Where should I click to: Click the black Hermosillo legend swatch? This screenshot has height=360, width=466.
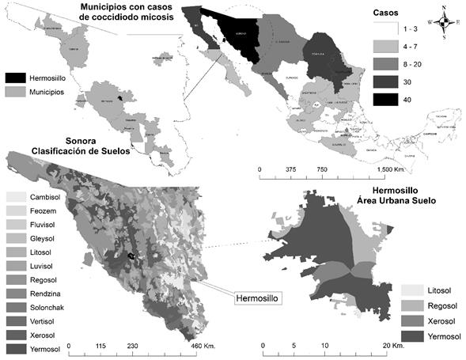(x=16, y=78)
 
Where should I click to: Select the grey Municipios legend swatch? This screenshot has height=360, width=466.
(x=16, y=93)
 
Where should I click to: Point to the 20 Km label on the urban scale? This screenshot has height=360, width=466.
(x=391, y=346)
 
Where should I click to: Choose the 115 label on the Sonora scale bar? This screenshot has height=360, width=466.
(x=100, y=346)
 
